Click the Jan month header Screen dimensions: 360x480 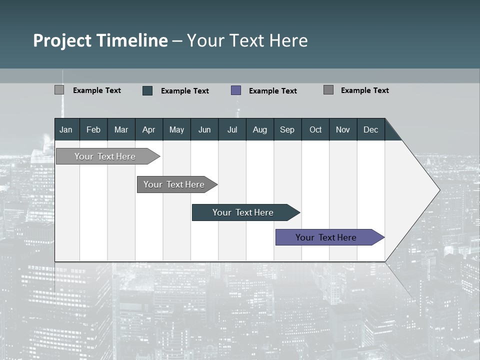pos(66,129)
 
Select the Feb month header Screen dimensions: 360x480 pos(93,129)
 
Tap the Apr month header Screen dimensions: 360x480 pos(149,129)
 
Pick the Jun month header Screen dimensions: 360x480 pos(204,129)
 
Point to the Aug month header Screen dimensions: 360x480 pos(260,129)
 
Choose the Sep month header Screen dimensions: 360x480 pos(287,129)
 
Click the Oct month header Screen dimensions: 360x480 pos(315,129)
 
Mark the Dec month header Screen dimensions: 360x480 pos(371,129)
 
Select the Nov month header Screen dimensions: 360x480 pos(343,129)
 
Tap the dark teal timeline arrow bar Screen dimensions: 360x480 pos(243,212)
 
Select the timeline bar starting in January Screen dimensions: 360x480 pos(105,156)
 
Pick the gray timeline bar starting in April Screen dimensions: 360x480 pos(174,184)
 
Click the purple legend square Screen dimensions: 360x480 pos(236,90)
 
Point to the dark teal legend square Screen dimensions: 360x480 pos(147,90)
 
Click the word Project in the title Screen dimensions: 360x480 pos(62,40)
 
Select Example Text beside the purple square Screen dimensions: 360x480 pos(273,91)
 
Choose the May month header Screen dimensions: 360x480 pos(176,129)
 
